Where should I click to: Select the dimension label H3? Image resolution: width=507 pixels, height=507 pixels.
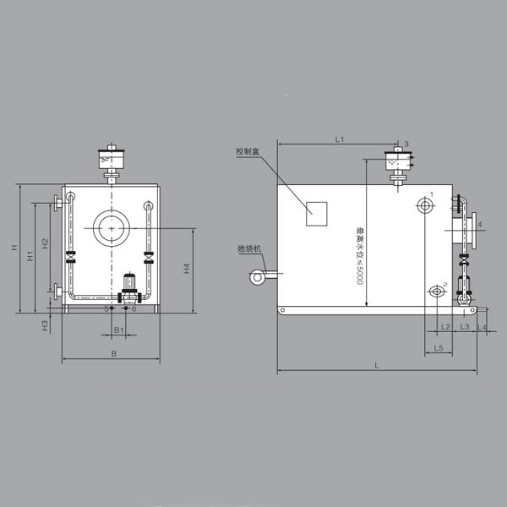45,324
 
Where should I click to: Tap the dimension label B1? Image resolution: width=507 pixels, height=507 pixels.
119,328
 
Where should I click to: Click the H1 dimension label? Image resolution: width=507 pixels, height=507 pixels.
30,255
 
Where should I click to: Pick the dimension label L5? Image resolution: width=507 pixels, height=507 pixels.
439,347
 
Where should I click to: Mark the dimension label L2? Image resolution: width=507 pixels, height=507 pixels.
445,326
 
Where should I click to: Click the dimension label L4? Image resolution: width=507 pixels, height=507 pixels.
482,326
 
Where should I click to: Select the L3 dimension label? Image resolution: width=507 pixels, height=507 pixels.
465,326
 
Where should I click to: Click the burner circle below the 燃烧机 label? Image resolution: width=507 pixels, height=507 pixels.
255,275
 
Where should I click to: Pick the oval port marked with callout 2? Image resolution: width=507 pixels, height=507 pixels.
436,292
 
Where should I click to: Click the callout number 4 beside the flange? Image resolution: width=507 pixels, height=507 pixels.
479,225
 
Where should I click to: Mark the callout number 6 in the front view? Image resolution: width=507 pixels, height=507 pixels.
134,309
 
